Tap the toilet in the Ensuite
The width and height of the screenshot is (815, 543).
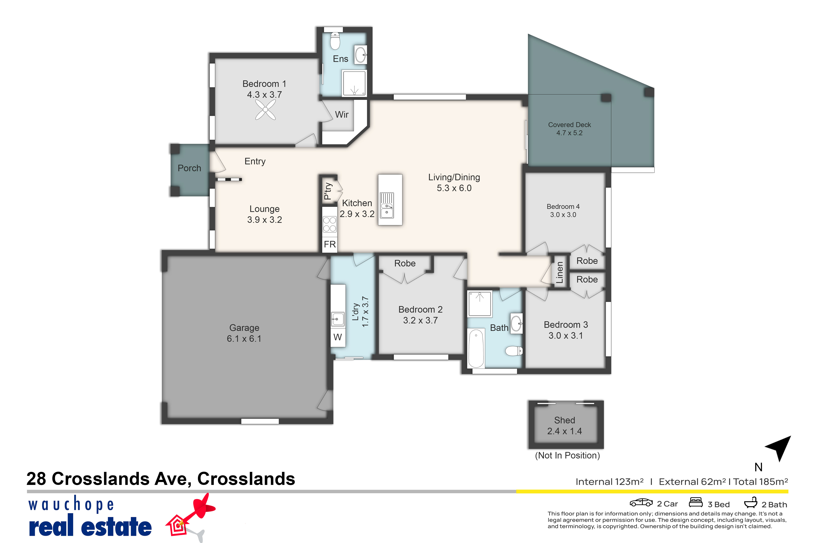point(335,41)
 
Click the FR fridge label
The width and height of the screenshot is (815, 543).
point(330,245)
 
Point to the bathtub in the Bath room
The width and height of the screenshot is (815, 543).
point(476,348)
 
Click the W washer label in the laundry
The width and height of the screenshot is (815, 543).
point(338,337)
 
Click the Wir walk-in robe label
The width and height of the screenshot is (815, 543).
point(342,115)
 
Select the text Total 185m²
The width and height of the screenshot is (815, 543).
point(761,482)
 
